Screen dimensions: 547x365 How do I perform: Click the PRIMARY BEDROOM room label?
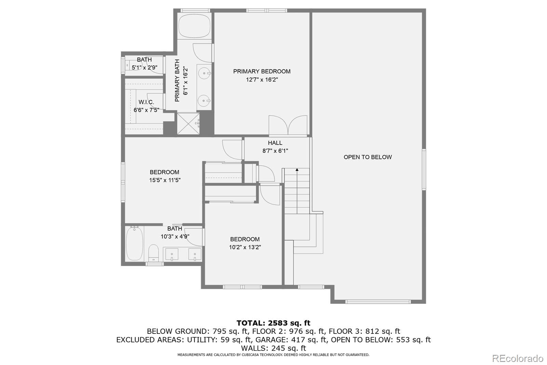click(262, 72)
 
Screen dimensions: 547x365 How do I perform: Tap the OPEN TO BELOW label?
click(368, 157)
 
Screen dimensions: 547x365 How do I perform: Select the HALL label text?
click(275, 143)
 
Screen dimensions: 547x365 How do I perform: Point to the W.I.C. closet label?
click(146, 102)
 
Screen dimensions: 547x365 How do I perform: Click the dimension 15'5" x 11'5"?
click(165, 180)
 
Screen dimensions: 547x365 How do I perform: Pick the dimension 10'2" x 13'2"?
click(245, 247)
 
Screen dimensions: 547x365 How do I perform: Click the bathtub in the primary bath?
click(195, 26)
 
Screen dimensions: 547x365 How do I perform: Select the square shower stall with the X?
click(188, 124)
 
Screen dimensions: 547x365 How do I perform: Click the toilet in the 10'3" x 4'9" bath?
click(154, 253)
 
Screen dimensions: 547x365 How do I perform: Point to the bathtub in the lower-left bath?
click(134, 243)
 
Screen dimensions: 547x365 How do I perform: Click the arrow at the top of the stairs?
click(297, 169)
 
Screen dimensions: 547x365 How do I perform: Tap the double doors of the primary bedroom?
click(288, 125)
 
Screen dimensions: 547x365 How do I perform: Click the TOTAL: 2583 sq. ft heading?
click(273, 323)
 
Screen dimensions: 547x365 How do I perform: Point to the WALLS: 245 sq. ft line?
click(273, 348)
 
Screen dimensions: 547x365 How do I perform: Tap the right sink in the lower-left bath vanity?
click(195, 254)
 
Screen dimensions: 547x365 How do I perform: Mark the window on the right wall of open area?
click(424, 169)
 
